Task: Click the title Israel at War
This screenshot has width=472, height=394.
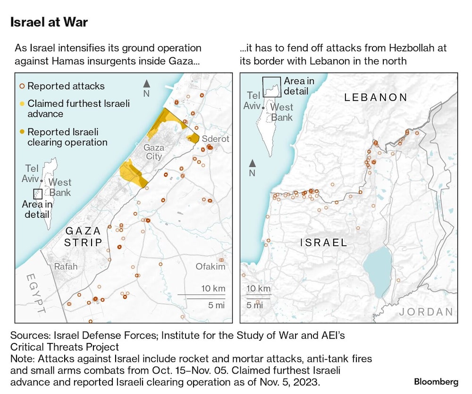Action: point(49,22)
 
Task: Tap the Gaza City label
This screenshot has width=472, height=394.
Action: point(154,152)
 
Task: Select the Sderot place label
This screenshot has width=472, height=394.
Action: point(215,139)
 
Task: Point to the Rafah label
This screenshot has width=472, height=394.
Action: point(66,266)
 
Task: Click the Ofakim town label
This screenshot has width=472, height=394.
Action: point(211,266)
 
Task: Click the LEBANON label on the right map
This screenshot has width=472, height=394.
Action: point(376,98)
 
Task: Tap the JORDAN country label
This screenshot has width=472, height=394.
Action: point(426,312)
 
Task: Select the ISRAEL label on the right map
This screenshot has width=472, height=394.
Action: point(324,243)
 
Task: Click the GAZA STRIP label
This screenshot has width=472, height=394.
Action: point(84,237)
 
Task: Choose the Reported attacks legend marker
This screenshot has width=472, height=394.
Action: point(22,86)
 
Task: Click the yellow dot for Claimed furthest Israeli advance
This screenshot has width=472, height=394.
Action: point(22,103)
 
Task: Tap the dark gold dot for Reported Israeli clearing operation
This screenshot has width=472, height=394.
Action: point(22,132)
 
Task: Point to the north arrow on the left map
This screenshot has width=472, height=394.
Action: point(147,84)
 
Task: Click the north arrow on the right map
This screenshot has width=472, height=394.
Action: point(253,163)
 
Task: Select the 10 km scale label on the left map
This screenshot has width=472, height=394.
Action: point(213,289)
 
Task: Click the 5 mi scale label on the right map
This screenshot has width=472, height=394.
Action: point(255,305)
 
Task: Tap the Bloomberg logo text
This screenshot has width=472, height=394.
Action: point(436,381)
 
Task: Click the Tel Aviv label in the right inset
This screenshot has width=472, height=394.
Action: point(252,101)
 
